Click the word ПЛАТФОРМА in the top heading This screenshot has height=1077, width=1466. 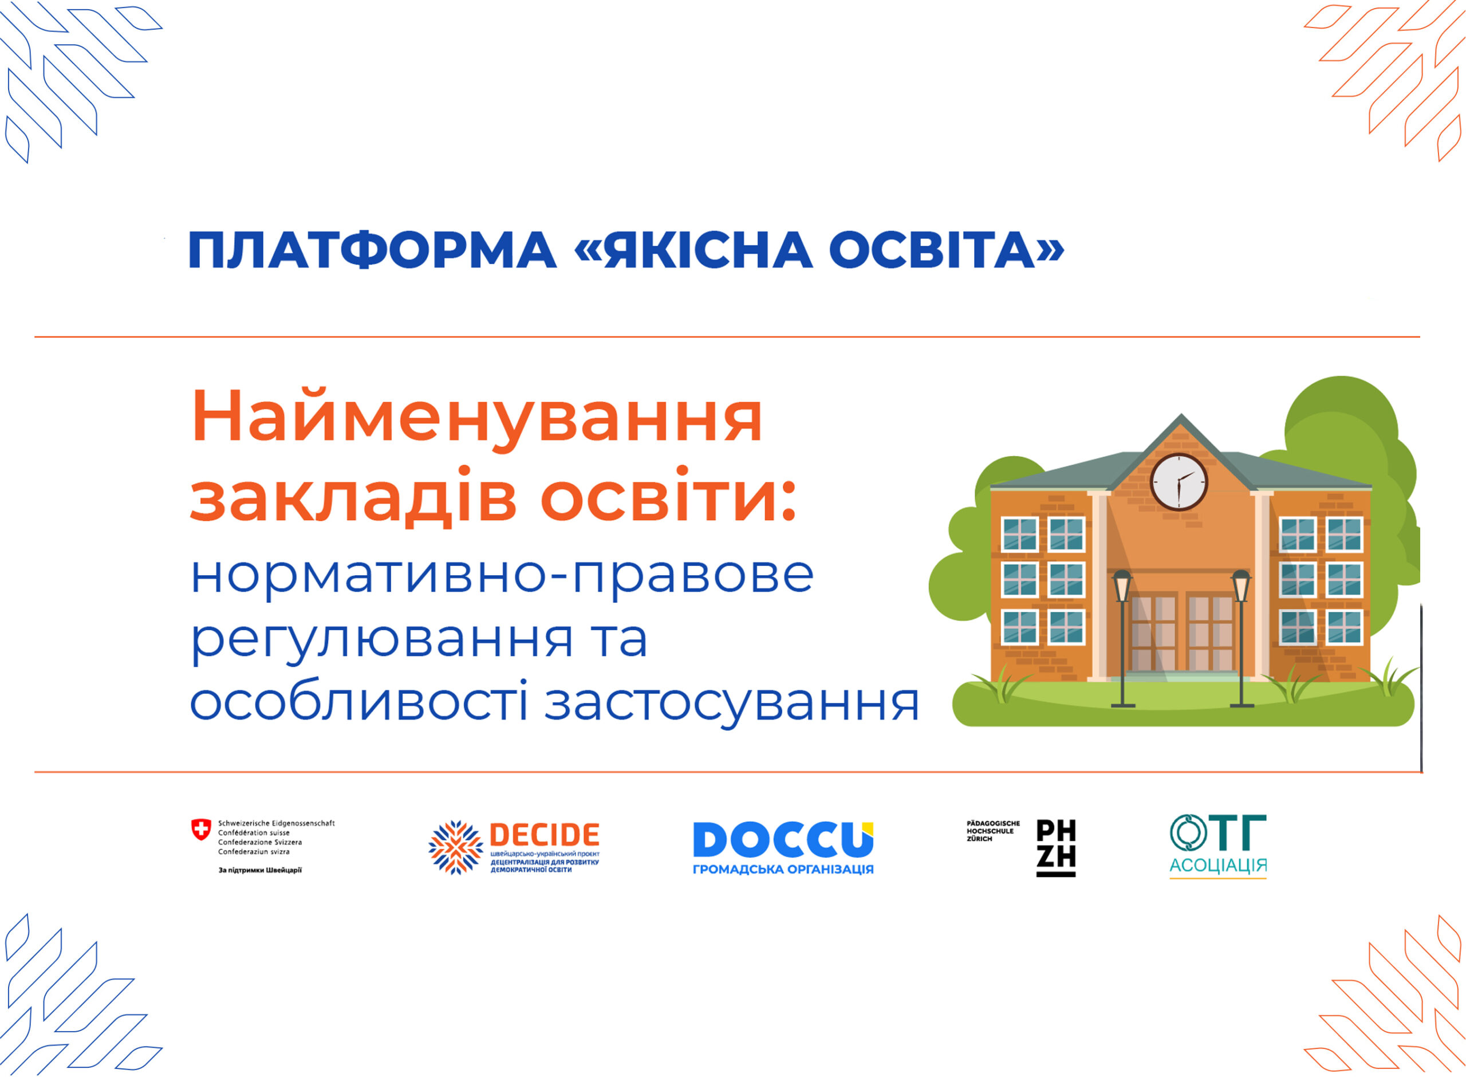pos(372,250)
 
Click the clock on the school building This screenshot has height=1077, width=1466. pos(1179,482)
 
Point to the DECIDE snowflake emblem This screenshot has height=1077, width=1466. pos(455,847)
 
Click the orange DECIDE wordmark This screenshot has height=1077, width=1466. pos(544,835)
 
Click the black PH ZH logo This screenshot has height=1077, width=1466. pos(1056,847)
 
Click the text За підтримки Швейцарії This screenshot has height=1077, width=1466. pos(260,870)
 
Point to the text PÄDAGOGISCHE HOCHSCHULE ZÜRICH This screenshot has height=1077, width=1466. pos(993,831)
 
